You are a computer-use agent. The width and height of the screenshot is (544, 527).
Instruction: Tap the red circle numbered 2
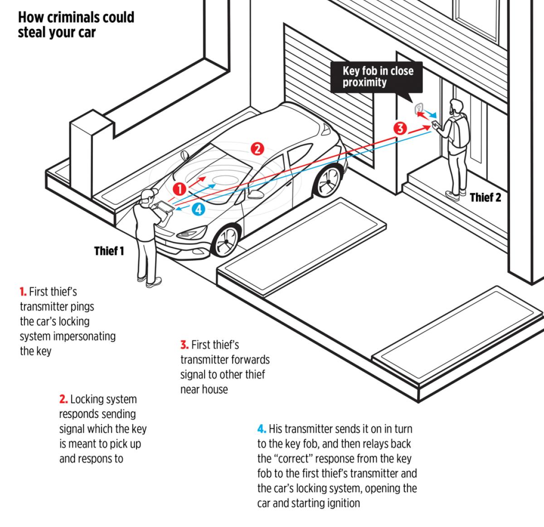(x=257, y=148)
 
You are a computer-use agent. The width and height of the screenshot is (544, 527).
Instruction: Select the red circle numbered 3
(x=400, y=128)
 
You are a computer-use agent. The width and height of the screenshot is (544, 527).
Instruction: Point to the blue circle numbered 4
(x=199, y=209)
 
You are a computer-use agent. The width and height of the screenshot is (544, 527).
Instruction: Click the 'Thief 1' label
(x=109, y=251)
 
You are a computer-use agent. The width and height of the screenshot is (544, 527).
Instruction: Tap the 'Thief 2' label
(x=486, y=197)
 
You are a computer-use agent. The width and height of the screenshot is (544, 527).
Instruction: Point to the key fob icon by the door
(x=418, y=108)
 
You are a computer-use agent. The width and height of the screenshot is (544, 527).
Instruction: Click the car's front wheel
(x=226, y=240)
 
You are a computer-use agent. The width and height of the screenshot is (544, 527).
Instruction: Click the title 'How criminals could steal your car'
(x=76, y=25)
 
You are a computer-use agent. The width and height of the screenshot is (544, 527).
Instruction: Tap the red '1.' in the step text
(x=23, y=292)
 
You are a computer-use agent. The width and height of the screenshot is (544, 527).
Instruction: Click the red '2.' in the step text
(x=63, y=399)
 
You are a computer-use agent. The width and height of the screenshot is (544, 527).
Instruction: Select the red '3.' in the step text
(x=185, y=345)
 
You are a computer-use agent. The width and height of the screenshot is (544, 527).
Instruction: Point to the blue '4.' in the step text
(x=262, y=429)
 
